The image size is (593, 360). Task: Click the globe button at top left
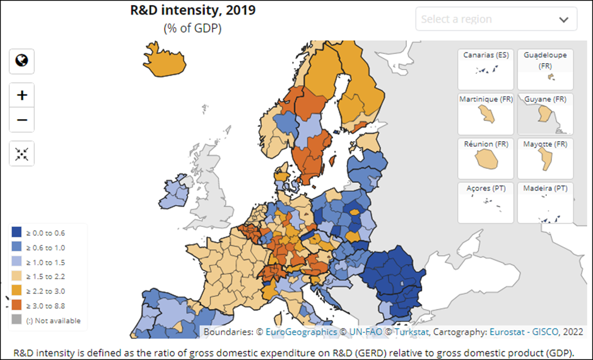22,61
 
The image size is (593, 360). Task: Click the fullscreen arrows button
22,153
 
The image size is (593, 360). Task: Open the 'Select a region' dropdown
496,19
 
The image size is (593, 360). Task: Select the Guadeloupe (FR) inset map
545,69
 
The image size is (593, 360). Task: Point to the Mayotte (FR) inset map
545,158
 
